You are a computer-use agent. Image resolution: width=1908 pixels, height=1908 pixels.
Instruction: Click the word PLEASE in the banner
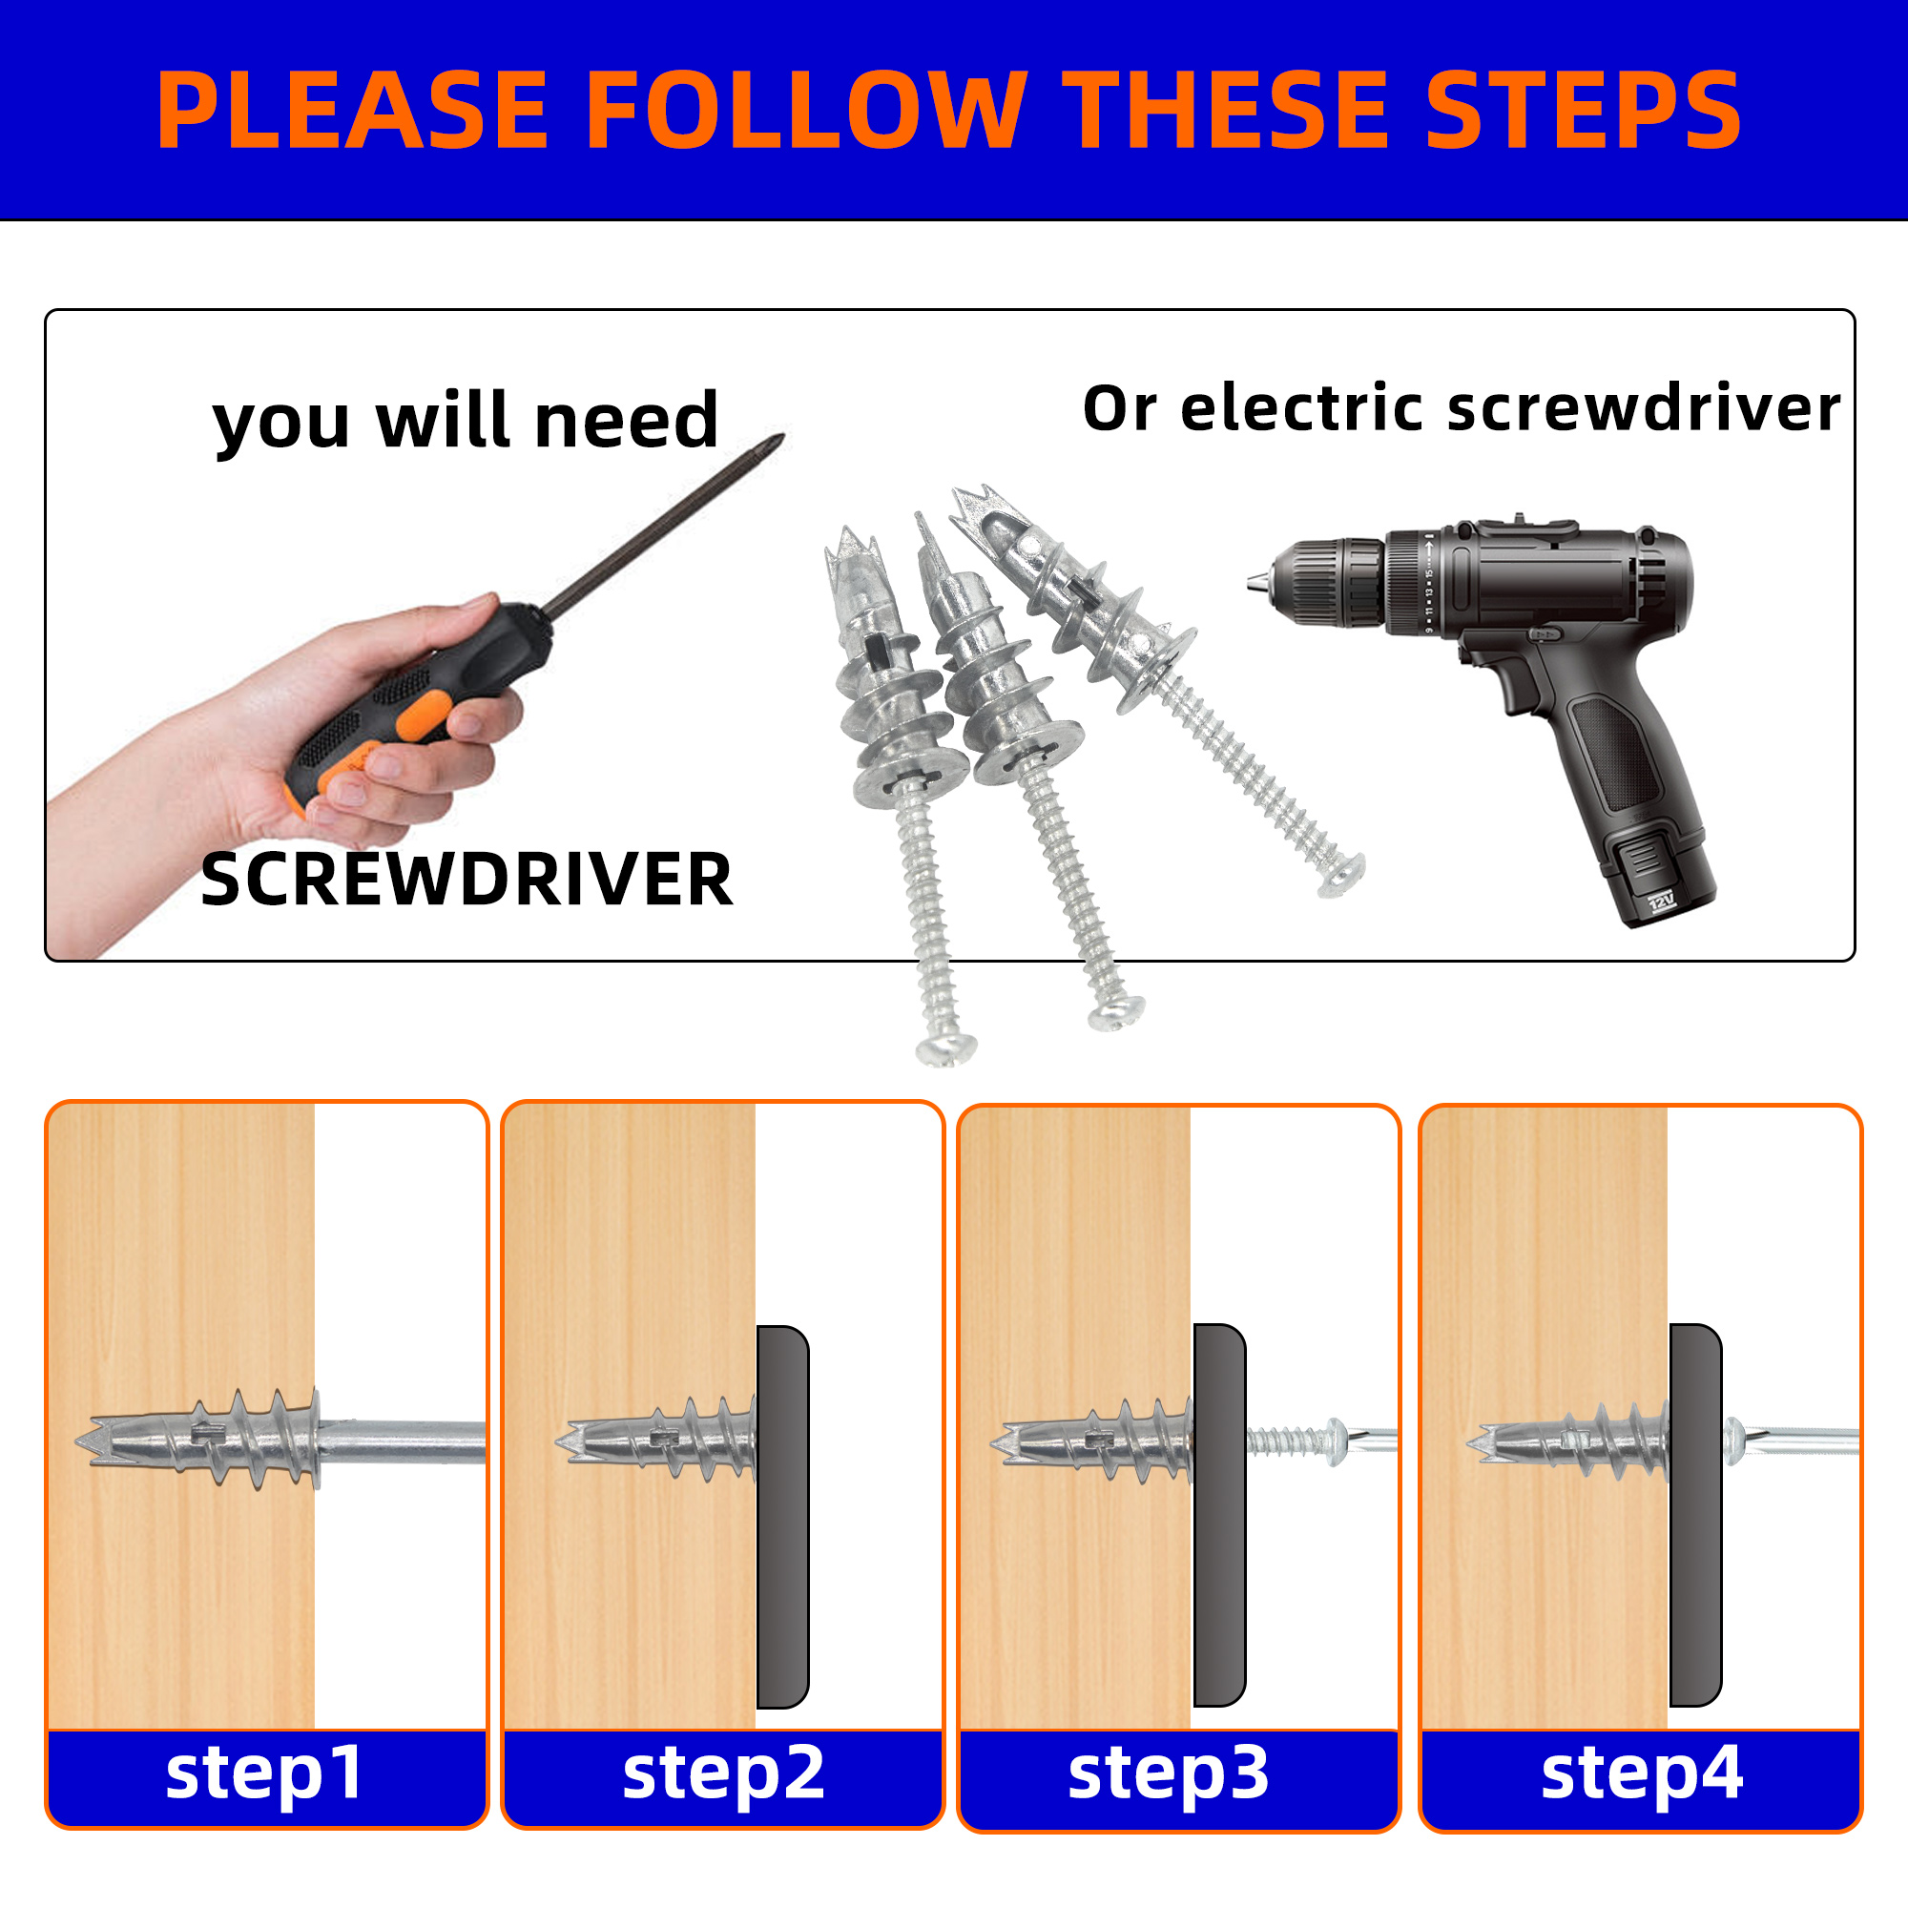click(352, 110)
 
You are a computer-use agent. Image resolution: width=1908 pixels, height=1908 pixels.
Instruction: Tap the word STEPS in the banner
click(1583, 110)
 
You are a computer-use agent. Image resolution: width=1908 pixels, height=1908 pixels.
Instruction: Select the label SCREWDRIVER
click(467, 879)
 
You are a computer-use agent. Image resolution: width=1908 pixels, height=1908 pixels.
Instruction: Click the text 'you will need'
click(466, 422)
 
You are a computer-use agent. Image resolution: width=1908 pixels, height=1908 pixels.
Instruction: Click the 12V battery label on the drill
click(1662, 902)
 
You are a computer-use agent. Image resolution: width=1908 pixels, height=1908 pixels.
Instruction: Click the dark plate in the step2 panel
click(782, 1516)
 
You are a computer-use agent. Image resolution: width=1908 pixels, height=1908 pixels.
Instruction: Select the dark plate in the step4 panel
click(1695, 1515)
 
